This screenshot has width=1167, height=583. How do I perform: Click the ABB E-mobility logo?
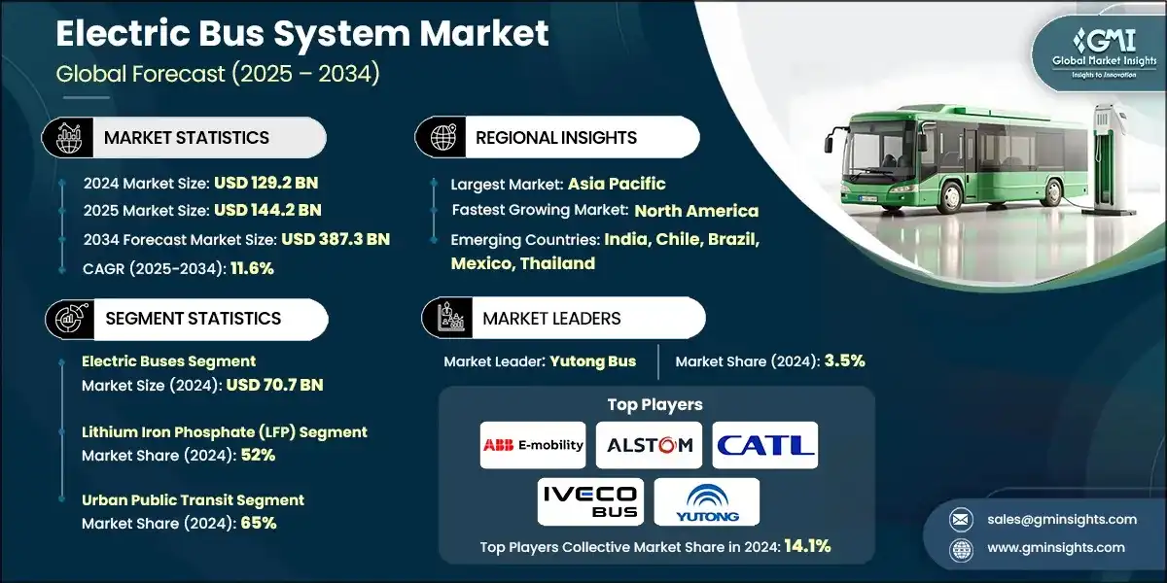[533, 445]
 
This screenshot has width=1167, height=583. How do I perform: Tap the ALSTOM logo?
[649, 445]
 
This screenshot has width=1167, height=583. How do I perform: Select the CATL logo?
[764, 445]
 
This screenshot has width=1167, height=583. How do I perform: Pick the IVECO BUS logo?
[590, 501]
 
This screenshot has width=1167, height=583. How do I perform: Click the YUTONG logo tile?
[707, 501]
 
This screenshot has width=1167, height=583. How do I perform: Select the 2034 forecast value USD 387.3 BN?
[336, 239]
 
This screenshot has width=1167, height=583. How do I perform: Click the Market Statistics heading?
[186, 138]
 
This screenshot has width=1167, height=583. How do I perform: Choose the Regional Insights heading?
[556, 138]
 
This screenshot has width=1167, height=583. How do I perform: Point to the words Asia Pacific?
[617, 183]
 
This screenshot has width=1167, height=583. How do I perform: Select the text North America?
[696, 211]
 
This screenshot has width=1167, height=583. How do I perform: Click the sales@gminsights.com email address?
[1046, 519]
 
